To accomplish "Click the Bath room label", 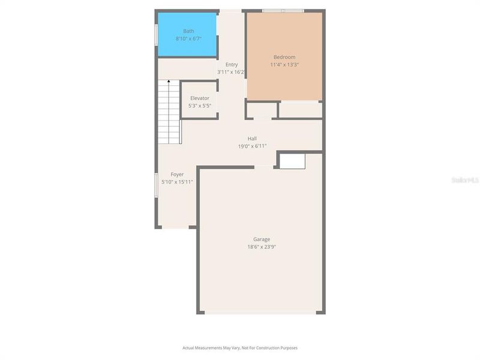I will tap(188, 31).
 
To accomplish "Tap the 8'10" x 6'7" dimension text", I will tap(188, 38).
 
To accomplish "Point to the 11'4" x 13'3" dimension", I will tap(284, 65).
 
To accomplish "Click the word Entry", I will tap(232, 64).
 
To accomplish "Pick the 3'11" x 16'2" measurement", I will tap(231, 72).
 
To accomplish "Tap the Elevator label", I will tap(200, 98).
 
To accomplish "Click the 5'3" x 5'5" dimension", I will tap(199, 106).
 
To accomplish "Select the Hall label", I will tap(252, 138).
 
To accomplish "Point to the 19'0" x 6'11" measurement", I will tap(252, 146).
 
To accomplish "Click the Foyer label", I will tap(177, 174).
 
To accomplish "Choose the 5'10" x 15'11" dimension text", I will tap(177, 182).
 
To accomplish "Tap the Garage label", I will tap(261, 239).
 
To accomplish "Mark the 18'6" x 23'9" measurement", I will tap(262, 247).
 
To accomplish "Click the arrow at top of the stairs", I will tap(169, 81).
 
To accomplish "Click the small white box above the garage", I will tap(293, 161).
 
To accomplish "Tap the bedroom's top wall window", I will tap(283, 11).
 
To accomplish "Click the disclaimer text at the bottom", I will tap(240, 347).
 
